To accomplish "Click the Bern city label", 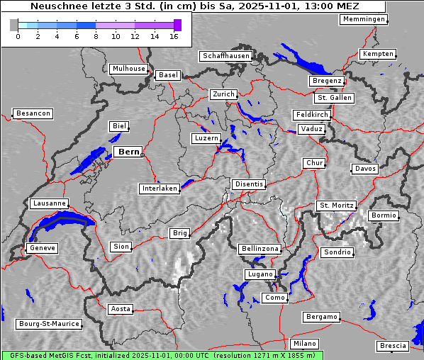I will coord(129,152).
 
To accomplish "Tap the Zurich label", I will coord(223,94).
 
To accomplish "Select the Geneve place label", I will coord(42,248).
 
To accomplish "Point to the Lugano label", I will coord(260,274).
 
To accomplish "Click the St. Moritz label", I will coord(336,206).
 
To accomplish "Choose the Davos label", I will coord(365,169).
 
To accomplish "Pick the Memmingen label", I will coord(364,19).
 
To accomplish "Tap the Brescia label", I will coord(393,346).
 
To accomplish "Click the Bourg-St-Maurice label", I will coord(49,324).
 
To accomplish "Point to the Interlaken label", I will coord(160,189).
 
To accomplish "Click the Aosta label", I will coord(121,309).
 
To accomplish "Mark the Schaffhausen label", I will coord(225,55).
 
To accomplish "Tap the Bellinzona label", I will coord(260,249).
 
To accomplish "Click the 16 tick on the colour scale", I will coord(174,36).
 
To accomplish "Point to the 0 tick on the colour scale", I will coord(18,36).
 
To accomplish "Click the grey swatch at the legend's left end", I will coord(13,25).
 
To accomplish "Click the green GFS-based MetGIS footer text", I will coord(162,355).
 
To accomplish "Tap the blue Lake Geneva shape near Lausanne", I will coord(60,225).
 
